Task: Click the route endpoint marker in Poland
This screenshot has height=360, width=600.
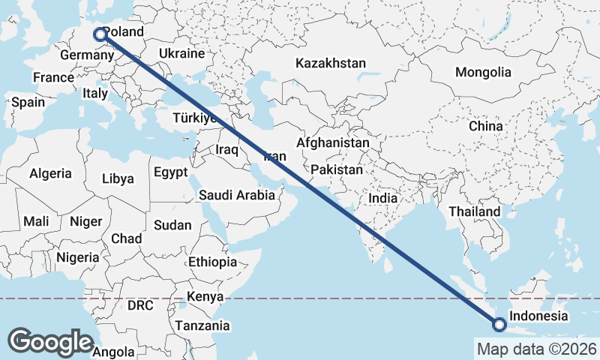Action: click(99, 34)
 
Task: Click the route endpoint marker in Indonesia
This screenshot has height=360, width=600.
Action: click(499, 324)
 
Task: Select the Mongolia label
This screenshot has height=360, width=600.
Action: click(483, 73)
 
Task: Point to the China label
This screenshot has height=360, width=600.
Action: click(485, 126)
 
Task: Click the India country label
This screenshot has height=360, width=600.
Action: click(383, 199)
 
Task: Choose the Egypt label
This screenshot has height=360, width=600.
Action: click(170, 172)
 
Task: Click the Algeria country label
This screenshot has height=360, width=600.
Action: click(50, 173)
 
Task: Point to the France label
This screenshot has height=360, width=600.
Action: click(53, 77)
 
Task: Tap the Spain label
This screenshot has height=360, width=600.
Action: click(28, 103)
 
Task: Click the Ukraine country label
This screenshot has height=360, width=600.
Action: click(181, 54)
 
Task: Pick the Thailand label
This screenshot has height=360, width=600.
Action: click(475, 212)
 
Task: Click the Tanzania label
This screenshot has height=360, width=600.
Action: click(202, 326)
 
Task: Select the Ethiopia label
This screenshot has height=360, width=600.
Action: click(212, 262)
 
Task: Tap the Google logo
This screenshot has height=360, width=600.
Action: click(50, 341)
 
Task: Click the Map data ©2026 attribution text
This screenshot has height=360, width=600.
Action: click(536, 349)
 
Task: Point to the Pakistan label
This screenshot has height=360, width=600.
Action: click(337, 170)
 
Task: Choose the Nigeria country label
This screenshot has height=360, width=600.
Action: click(77, 257)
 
